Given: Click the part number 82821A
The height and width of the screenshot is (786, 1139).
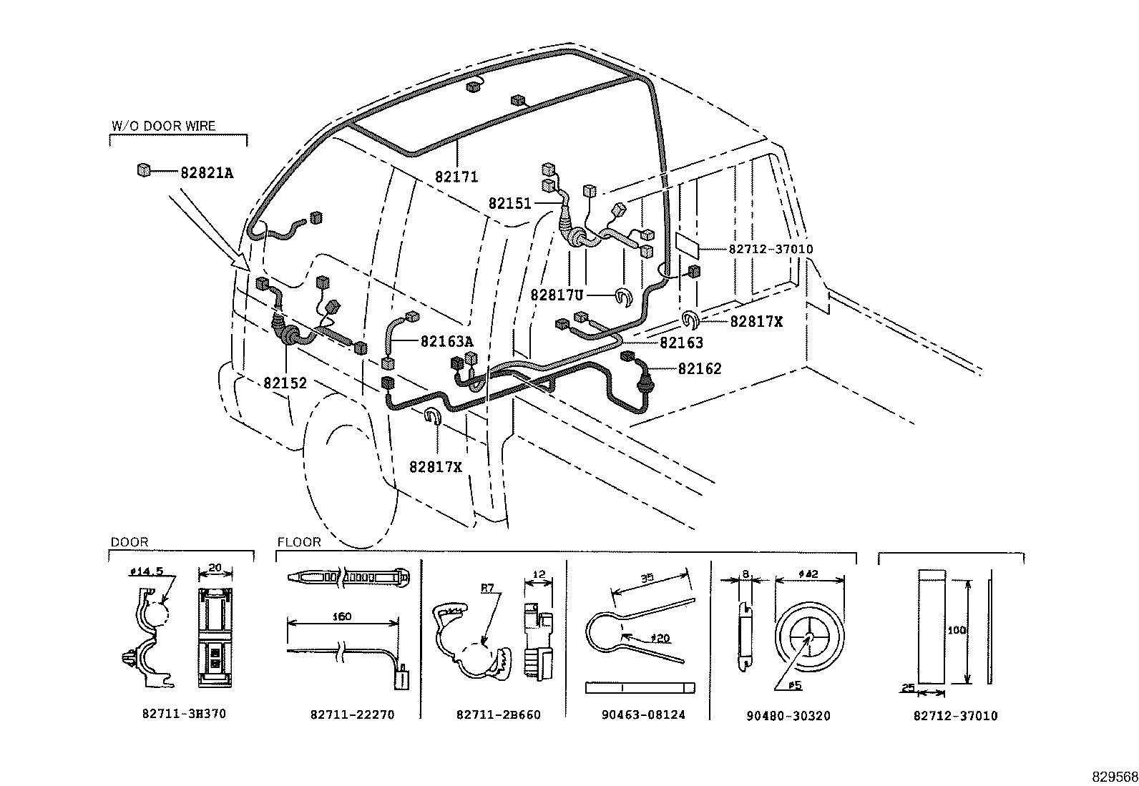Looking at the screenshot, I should (207, 172).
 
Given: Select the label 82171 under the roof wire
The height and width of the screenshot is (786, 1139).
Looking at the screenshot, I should (456, 177).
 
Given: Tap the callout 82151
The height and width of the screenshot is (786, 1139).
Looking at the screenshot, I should (510, 204).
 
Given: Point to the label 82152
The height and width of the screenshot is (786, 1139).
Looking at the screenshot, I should (285, 383).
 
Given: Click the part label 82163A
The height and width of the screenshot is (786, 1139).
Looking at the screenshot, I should (447, 342).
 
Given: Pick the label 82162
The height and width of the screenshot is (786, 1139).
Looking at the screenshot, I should (700, 369).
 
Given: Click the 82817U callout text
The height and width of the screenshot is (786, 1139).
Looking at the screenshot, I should (558, 295).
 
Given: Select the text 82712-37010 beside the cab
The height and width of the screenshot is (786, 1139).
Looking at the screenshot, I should (771, 249).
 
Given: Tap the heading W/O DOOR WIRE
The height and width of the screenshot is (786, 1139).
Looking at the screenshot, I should (164, 126).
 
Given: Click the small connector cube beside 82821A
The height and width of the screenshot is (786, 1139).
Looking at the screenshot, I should (144, 170).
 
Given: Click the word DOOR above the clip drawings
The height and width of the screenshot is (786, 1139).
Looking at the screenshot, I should (129, 543).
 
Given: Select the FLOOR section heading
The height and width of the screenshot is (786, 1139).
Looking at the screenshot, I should (299, 543).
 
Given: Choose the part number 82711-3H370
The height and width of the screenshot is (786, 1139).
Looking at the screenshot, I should (185, 714).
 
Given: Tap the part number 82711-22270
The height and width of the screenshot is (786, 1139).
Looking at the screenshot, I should (352, 714).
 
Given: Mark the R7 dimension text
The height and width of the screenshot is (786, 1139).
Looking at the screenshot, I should (487, 589).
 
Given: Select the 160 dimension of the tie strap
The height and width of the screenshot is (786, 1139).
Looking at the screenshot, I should (343, 616).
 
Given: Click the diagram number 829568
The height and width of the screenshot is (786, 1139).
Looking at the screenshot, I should (1114, 777).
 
